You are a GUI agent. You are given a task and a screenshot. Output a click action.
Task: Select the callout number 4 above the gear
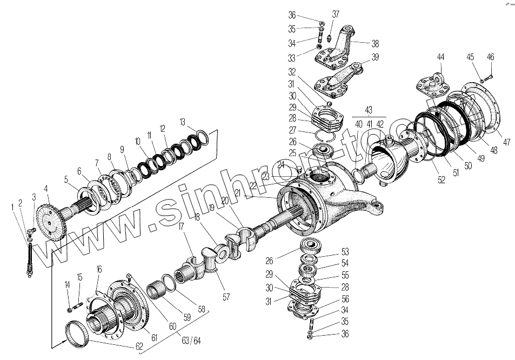pyautogui.click(x=46, y=188)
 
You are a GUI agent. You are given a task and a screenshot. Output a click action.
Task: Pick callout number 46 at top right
pyautogui.click(x=490, y=57)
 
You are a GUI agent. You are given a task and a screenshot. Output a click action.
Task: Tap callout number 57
pyautogui.click(x=226, y=297)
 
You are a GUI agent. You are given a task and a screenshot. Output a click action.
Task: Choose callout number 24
pyautogui.click(x=280, y=164)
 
